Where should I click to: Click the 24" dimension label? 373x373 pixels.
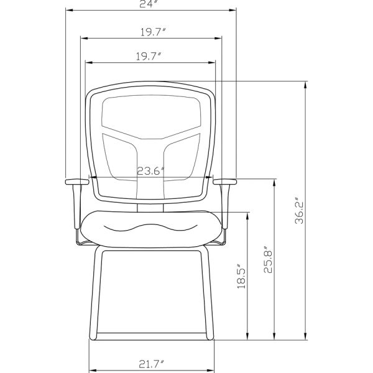150,4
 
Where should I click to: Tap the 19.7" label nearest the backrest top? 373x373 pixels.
149,56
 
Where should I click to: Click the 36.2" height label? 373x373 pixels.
299,211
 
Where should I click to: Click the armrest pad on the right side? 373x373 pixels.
225,182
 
